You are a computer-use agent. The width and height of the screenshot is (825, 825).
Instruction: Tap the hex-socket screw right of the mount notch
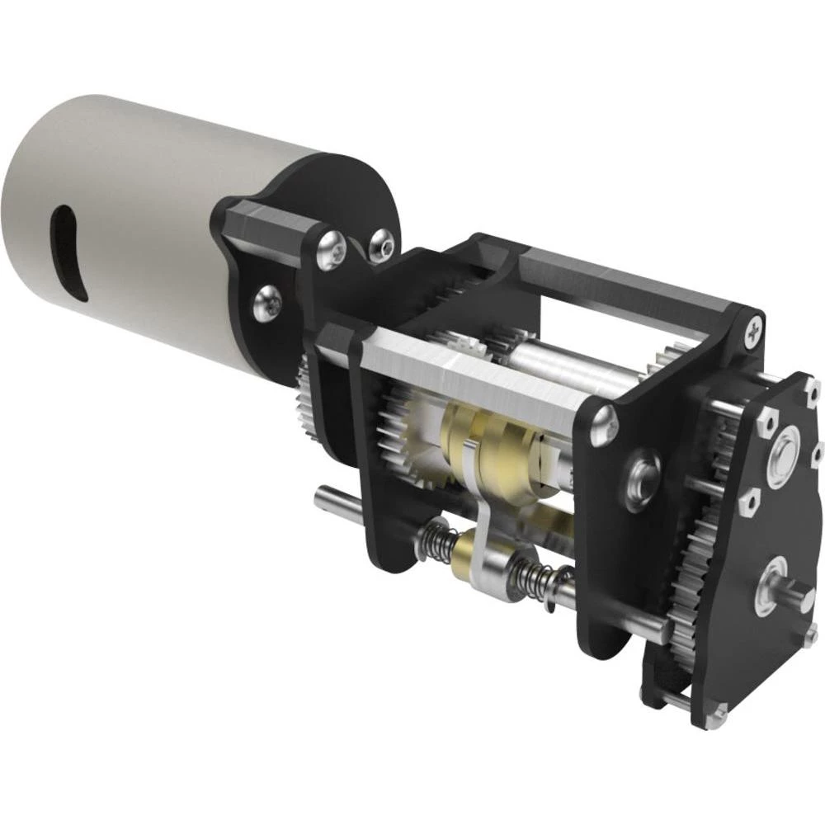point(381,245)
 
